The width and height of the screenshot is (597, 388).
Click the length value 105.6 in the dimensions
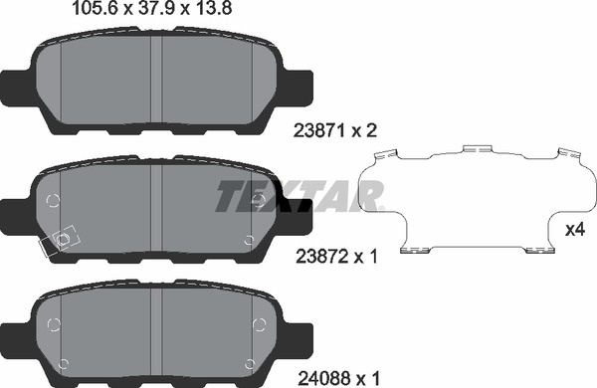[96, 8]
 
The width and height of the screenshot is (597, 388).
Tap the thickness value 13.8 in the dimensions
[211, 8]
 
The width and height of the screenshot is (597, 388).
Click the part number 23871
[319, 131]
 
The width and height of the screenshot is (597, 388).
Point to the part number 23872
[321, 257]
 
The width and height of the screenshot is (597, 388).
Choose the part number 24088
[324, 378]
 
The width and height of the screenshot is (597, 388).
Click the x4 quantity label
[575, 229]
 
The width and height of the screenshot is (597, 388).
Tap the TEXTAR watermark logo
[299, 196]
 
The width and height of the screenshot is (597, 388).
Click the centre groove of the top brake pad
[156, 80]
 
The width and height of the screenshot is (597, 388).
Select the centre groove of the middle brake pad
[156, 208]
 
